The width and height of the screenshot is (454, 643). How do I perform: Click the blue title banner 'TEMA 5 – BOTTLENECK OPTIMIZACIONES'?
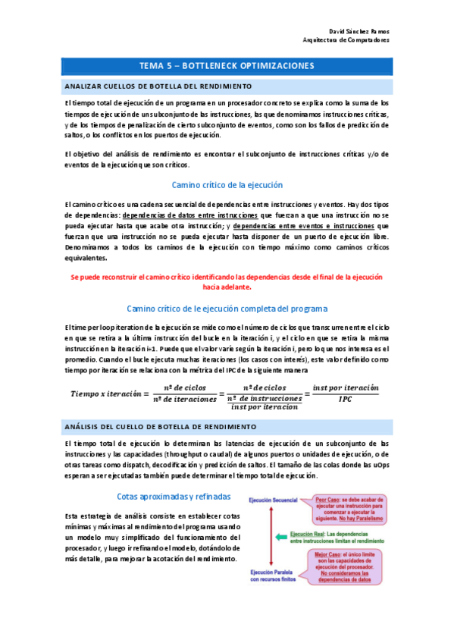tap(227, 66)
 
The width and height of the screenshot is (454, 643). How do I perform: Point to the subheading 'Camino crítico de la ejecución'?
tap(227, 185)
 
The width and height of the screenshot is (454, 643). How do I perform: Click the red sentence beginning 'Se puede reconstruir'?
tap(227, 282)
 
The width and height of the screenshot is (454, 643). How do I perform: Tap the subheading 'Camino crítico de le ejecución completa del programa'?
tap(227, 309)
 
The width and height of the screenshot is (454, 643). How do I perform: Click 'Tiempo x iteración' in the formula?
tap(105, 394)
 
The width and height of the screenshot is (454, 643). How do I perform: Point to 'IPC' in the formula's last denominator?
tap(345, 399)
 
